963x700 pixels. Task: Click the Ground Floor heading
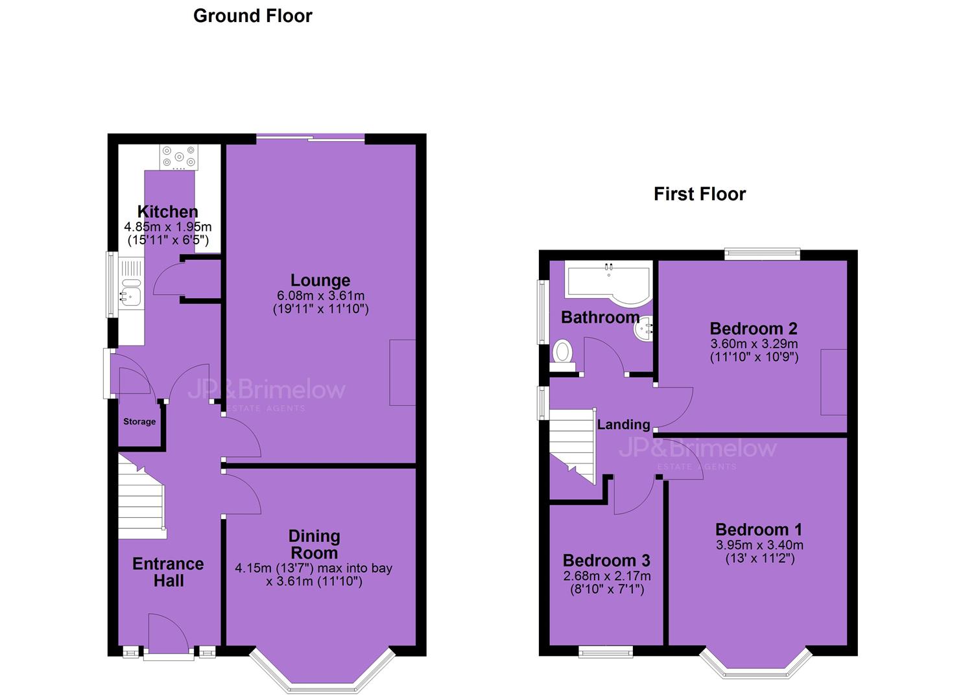[253, 16]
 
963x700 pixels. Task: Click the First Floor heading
[700, 194]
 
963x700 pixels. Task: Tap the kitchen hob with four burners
[179, 157]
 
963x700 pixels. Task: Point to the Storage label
[139, 421]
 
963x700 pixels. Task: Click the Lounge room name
[320, 280]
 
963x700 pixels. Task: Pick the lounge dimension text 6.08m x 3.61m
[321, 296]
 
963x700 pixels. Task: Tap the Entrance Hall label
[168, 572]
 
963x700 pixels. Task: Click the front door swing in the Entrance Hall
[169, 635]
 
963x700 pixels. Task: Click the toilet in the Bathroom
[563, 355]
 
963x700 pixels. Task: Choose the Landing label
[623, 425]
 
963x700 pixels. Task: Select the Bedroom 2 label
[753, 329]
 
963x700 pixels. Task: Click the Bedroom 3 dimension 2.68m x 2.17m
[607, 576]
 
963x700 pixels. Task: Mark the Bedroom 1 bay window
[755, 663]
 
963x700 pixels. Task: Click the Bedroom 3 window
[606, 652]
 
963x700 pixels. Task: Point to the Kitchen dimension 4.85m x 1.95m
[168, 226]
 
